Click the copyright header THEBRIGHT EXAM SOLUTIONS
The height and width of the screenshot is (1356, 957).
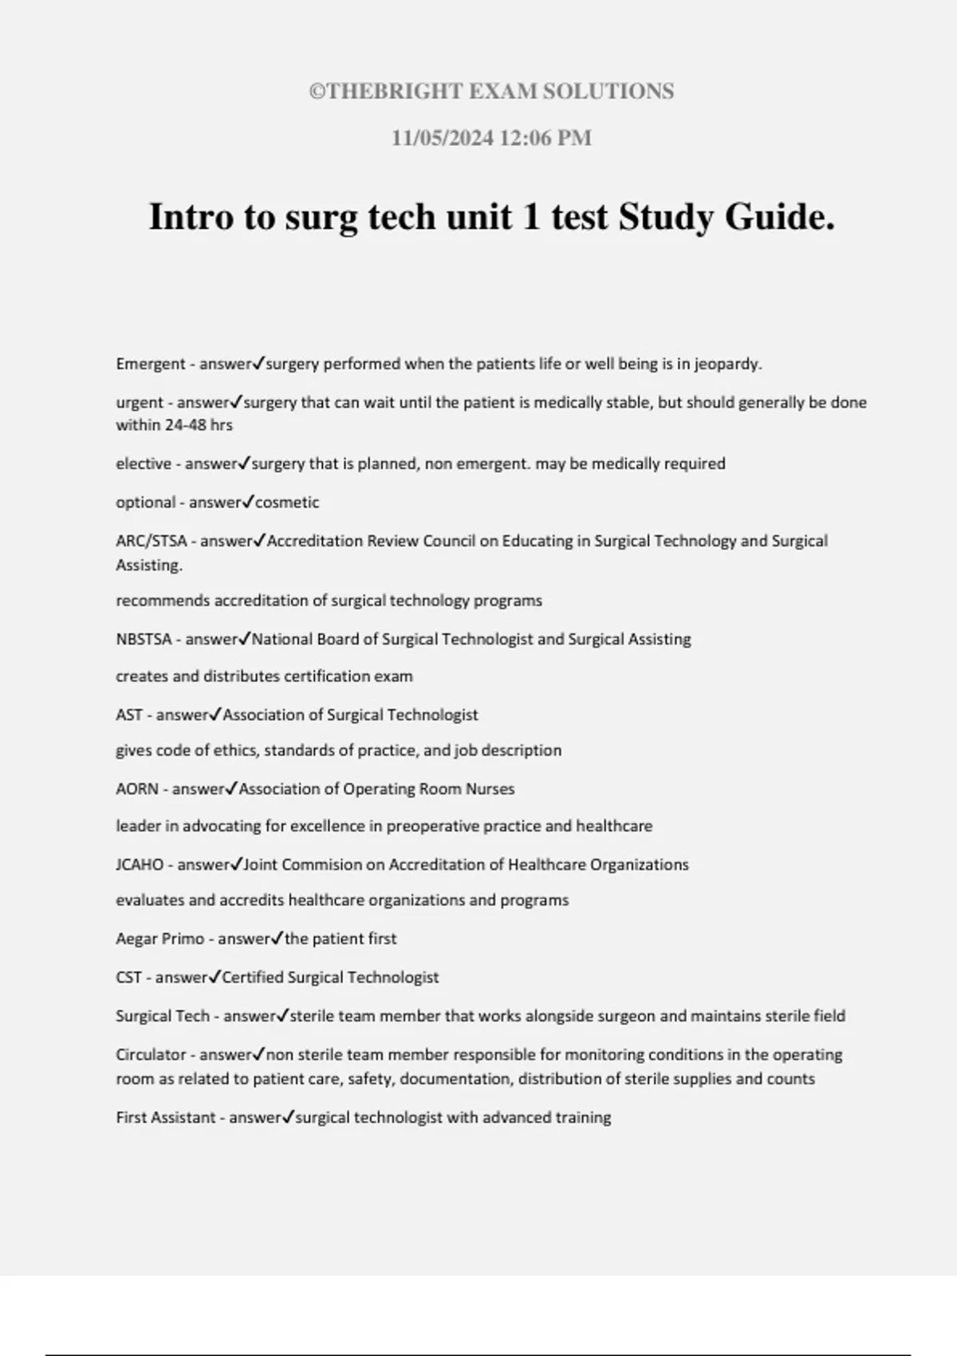491,92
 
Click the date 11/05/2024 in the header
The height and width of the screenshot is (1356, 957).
442,138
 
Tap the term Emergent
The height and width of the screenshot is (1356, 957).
151,364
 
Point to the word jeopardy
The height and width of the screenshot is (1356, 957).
727,365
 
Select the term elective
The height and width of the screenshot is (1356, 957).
144,463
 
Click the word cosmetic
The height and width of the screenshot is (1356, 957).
286,503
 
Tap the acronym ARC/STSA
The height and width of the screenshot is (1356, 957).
151,541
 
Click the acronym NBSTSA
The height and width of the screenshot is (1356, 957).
144,639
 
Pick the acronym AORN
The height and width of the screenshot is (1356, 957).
136,789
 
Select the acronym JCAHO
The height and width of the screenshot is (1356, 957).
140,865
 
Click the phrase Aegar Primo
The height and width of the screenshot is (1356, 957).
159,939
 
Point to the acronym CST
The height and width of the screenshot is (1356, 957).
128,977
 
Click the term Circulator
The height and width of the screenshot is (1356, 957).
151,1054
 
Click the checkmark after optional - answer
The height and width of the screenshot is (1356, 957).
248,502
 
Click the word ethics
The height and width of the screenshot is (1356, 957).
215,751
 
